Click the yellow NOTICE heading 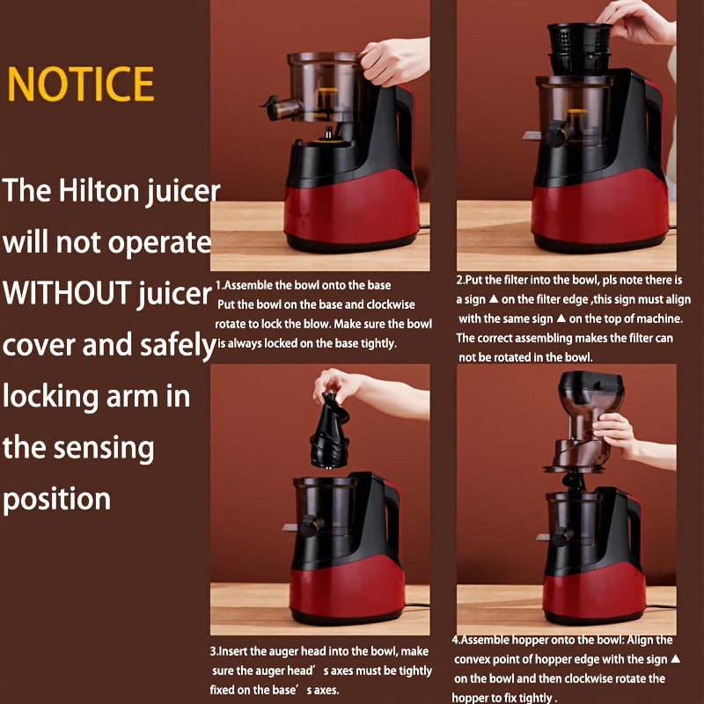(x=81, y=84)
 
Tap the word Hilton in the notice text (x=105, y=191)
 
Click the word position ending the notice (x=57, y=499)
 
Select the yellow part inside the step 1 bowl (x=327, y=92)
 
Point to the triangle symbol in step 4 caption (x=675, y=659)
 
